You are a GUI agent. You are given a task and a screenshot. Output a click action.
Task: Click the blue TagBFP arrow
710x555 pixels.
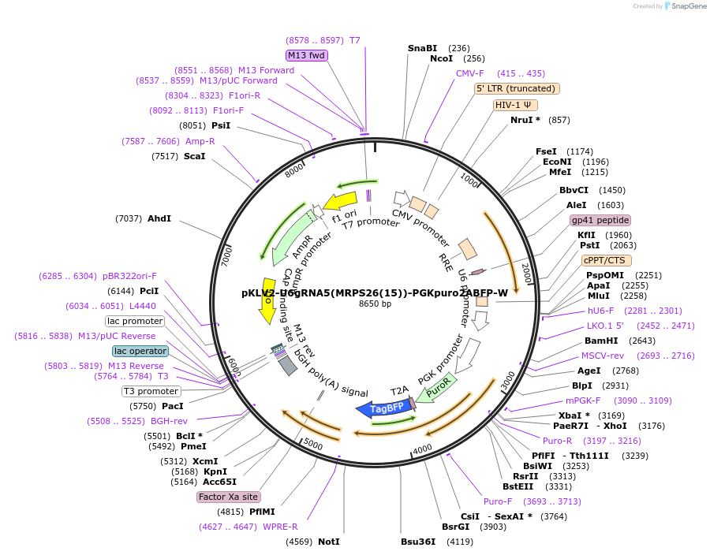tap(384, 408)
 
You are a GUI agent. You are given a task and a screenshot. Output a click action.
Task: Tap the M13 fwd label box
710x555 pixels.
tap(307, 55)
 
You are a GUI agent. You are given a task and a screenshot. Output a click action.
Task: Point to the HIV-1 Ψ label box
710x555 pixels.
tap(516, 105)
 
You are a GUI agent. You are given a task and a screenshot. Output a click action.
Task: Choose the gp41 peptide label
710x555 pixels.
tap(600, 220)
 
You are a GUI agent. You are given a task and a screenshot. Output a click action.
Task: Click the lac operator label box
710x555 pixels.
tap(140, 351)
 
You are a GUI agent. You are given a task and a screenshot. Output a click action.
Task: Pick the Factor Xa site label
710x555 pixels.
tap(228, 497)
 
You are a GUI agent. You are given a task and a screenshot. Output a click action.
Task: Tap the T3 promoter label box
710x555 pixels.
tap(151, 391)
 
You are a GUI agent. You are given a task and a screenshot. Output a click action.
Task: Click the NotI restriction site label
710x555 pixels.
tap(329, 542)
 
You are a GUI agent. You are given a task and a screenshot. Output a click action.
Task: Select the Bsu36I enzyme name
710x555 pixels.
tap(418, 542)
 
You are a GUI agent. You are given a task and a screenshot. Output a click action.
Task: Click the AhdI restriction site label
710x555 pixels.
tap(159, 218)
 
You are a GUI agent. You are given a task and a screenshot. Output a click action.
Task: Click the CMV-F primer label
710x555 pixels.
tap(470, 73)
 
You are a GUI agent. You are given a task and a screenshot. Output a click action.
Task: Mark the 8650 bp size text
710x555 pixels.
tap(375, 304)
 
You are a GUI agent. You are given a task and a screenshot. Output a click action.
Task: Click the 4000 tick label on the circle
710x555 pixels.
tap(423, 449)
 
